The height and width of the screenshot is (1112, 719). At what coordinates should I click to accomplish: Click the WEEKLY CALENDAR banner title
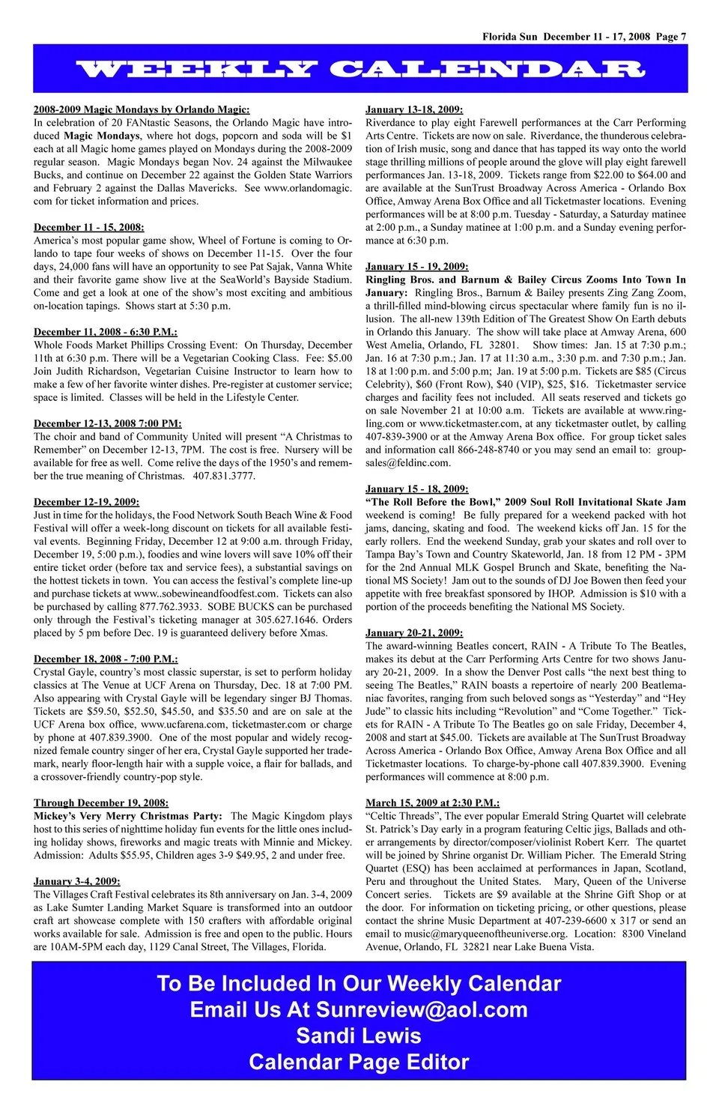pos(359,70)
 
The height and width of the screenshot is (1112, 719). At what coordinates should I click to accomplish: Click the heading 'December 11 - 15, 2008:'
pos(88,227)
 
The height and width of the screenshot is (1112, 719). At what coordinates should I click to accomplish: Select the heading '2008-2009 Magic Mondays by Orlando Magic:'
pos(142,109)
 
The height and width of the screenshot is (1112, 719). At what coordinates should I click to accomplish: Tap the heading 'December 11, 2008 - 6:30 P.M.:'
pos(106,332)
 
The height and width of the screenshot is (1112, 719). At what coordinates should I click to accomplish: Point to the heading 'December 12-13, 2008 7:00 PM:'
pos(107,423)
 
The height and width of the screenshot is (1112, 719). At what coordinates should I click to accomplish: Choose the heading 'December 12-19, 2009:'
pos(86,502)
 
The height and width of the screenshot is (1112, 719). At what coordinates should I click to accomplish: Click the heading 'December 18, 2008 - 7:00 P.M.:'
pos(106,659)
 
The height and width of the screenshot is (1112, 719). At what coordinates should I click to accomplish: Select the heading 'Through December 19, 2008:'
pos(101,803)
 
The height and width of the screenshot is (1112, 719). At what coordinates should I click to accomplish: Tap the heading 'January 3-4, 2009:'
pos(77,882)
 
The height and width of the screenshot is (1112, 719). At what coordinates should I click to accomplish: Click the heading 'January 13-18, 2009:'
pos(414,109)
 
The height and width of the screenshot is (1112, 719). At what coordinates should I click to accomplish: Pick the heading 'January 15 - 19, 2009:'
pos(417,267)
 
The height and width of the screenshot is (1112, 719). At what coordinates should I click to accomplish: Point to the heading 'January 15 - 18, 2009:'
pos(417,489)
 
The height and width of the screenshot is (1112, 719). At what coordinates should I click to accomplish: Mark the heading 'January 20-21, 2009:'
pos(414,633)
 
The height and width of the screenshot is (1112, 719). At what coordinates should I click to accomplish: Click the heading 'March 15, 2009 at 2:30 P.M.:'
pos(433,803)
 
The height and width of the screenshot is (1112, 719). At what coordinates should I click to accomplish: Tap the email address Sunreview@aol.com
pos(422,1010)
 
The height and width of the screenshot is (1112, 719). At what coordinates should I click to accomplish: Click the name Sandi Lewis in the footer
pos(359,1036)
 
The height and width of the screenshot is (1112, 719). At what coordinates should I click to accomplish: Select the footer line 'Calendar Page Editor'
pos(359,1063)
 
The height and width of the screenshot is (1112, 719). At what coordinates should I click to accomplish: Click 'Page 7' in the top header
pos(671,37)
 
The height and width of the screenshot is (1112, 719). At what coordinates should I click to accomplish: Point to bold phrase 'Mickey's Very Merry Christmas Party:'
pos(128,816)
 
